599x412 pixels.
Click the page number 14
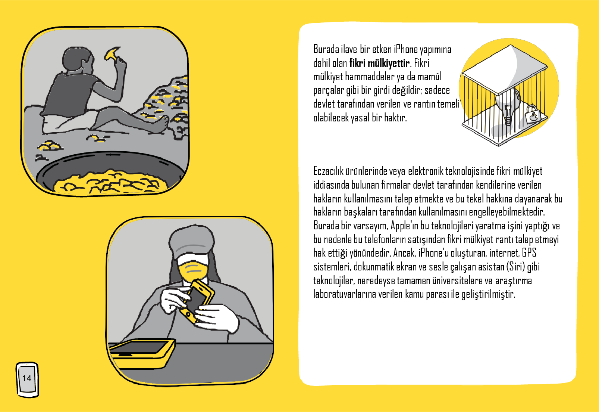click(x=27, y=378)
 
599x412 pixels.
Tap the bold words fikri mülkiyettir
click(x=379, y=63)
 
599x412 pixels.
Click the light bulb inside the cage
click(x=507, y=107)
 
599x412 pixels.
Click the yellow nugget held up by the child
click(x=112, y=53)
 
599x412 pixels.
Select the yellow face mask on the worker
click(x=193, y=270)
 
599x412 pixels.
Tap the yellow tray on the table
click(x=142, y=354)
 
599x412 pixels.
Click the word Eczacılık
click(x=328, y=171)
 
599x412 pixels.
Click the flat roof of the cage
click(x=505, y=69)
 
